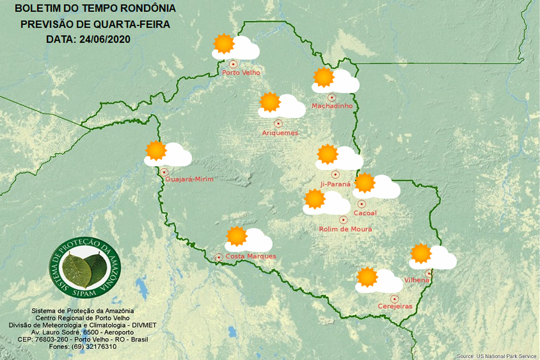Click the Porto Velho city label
click(x=241, y=73)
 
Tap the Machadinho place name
click(x=332, y=106)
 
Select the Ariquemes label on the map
click(x=280, y=133)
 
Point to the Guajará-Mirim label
click(x=190, y=179)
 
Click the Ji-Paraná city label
click(x=335, y=184)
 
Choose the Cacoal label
click(x=364, y=213)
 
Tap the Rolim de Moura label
click(x=345, y=229)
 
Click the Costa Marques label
click(x=250, y=256)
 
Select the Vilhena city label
click(x=417, y=280)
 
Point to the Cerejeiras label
click(x=395, y=306)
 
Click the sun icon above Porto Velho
click(x=223, y=43)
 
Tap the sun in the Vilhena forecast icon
click(x=420, y=254)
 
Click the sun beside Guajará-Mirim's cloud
click(x=156, y=151)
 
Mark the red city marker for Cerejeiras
click(x=395, y=298)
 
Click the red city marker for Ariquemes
click(x=278, y=123)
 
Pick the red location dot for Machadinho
click(x=332, y=97)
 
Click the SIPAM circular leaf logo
click(x=84, y=268)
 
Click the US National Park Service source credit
click(x=497, y=356)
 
